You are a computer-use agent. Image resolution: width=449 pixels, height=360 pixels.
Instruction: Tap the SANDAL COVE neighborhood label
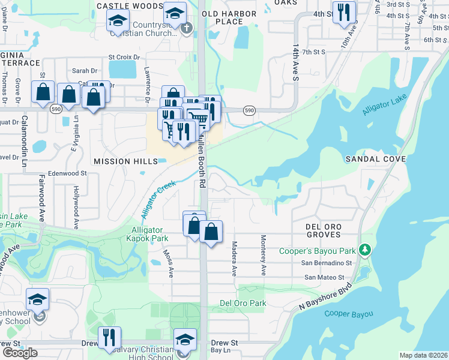376,159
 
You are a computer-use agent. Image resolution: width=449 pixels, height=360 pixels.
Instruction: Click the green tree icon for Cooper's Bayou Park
364,249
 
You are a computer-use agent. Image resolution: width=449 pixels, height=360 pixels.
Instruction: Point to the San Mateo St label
324,277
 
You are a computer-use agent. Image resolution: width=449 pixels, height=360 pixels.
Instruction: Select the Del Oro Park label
243,303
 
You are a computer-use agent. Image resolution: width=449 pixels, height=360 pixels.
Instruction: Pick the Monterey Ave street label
263,256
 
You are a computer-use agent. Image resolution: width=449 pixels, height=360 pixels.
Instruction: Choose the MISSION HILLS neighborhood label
125,161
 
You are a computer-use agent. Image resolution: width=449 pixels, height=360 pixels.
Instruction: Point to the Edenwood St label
67,173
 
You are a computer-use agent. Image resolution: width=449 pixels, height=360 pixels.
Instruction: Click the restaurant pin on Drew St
109,337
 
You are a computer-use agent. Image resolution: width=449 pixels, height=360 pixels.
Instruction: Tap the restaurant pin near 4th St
344,13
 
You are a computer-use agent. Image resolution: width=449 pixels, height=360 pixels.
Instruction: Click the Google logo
19,353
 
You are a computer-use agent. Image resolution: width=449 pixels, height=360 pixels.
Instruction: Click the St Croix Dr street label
124,58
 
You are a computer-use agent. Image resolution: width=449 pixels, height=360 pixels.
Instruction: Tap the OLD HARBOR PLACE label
223,17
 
